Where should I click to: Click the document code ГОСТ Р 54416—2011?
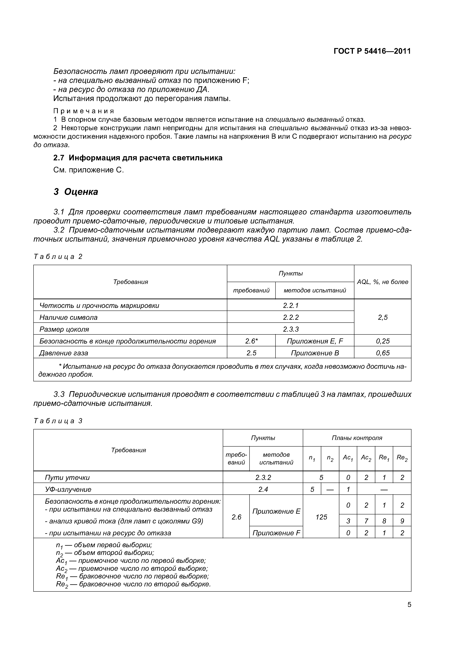[x=372, y=51]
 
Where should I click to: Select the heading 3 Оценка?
[x=76, y=192]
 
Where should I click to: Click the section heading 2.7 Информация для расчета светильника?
[x=138, y=158]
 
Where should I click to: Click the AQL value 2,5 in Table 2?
[x=382, y=317]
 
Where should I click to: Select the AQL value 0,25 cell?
[x=382, y=341]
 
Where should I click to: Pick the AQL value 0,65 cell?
[x=382, y=353]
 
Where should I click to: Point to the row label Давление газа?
[x=64, y=353]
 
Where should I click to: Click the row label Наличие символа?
[x=69, y=317]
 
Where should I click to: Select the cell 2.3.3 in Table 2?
[x=291, y=329]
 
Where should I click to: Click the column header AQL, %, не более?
[x=382, y=282]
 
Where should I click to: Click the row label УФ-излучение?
[x=68, y=489]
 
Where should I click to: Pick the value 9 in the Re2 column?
[x=402, y=521]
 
